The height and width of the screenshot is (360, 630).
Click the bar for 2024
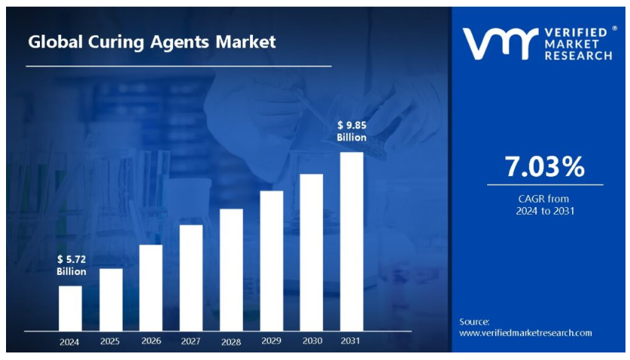[x=70, y=307]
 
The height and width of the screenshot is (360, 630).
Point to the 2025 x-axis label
[x=110, y=341]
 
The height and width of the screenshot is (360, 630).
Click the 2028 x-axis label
[x=231, y=342]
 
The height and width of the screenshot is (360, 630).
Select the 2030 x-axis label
[x=312, y=341]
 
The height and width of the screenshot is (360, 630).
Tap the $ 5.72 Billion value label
[x=72, y=265]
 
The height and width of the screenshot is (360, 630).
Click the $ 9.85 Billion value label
[x=352, y=131]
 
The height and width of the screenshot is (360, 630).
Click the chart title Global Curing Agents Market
[x=152, y=42]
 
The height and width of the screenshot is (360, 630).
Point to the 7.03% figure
[x=544, y=167]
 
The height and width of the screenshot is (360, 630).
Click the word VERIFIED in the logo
[x=577, y=34]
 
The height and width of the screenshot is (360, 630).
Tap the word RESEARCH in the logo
[x=578, y=56]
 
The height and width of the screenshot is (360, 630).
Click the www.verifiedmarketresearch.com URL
[x=525, y=332]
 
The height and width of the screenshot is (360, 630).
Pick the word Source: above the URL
[x=474, y=322]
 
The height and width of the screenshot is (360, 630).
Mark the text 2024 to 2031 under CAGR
[x=544, y=211]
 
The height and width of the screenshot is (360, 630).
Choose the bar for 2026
[x=151, y=287]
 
